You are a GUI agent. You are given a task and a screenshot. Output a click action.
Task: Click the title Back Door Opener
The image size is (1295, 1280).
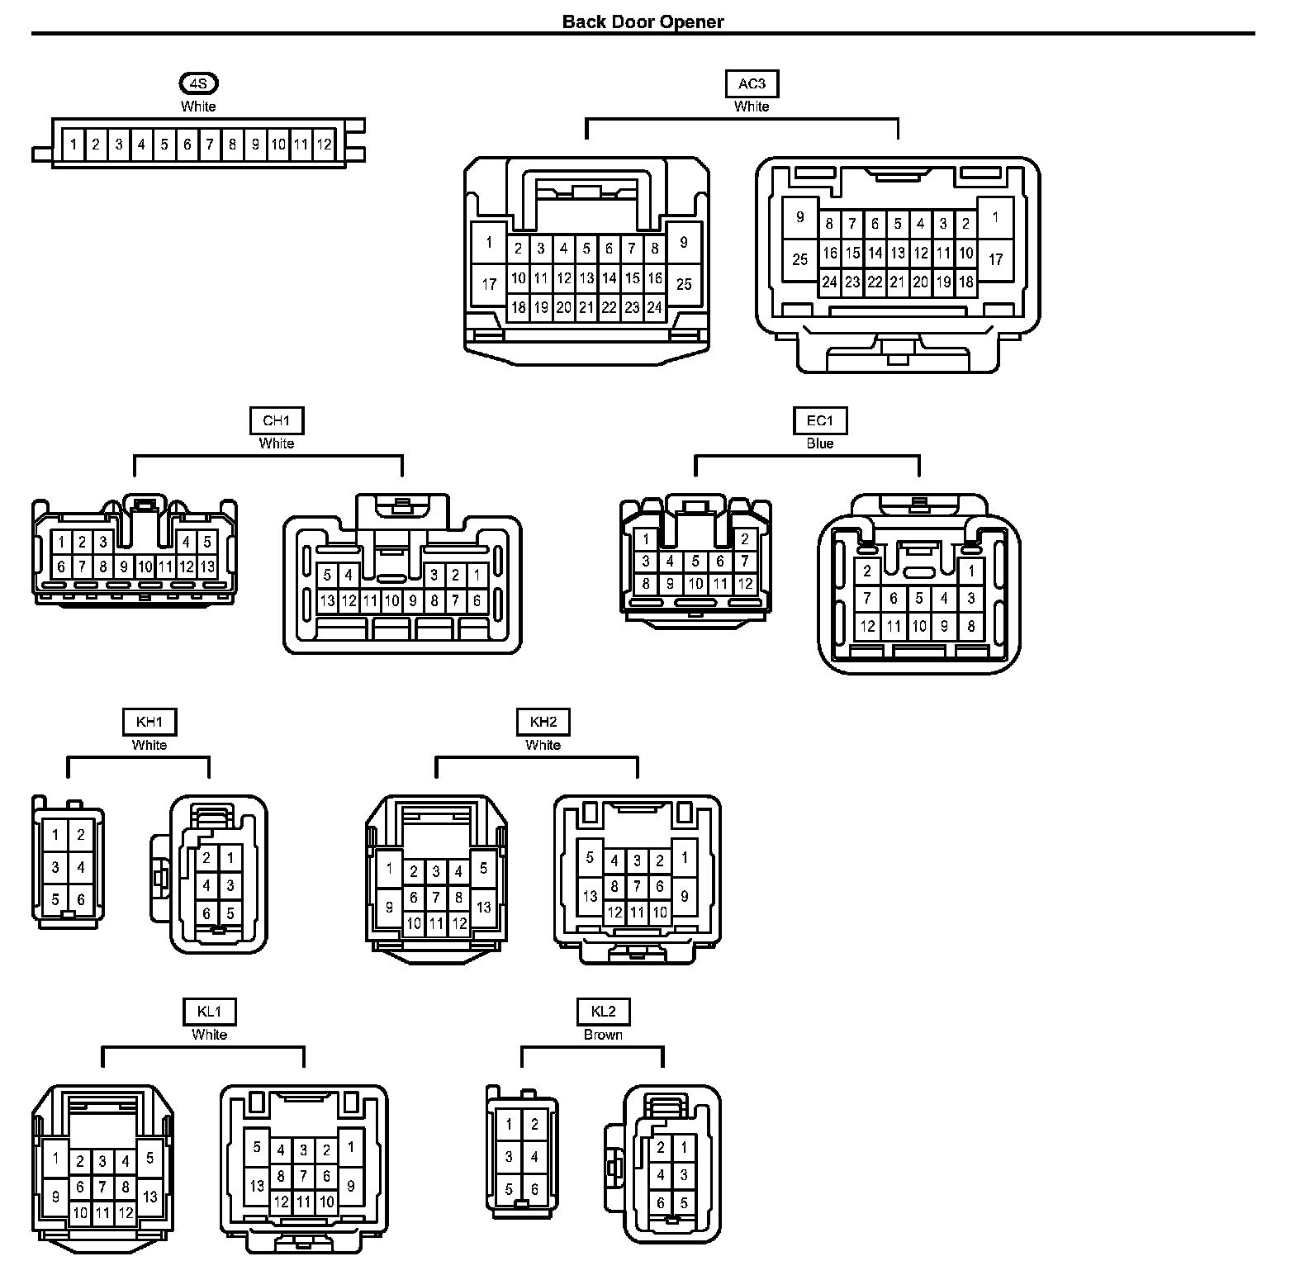coord(643,21)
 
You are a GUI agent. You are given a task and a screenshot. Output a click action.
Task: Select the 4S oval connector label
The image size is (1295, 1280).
coord(199,83)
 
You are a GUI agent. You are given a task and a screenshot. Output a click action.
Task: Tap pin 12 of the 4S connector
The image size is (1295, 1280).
coord(325,145)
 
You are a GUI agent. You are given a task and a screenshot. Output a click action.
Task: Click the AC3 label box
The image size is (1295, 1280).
coord(752,83)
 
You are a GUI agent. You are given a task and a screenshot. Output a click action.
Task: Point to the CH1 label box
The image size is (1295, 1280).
coord(277,420)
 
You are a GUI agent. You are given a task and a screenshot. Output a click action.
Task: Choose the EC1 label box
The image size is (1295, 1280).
coord(820,420)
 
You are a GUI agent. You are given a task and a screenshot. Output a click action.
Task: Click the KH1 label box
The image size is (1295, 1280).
coord(149,722)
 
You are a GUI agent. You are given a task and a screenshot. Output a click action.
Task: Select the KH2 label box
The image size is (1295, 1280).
coord(543,722)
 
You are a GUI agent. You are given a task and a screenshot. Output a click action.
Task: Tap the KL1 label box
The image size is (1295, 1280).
coord(210,1012)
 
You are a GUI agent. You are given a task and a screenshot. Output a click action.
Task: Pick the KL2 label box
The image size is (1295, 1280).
coord(604,1012)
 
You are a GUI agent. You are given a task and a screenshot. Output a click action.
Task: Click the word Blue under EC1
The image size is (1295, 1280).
coord(820,443)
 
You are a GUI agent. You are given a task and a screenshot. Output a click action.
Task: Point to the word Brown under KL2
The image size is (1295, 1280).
coord(604,1035)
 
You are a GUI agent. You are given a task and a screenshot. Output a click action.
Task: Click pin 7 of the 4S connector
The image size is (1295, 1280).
coord(210,145)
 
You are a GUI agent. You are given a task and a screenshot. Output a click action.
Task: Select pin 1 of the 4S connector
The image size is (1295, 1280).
coord(74,145)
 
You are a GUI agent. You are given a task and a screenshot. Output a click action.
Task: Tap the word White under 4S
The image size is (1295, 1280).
coord(199,107)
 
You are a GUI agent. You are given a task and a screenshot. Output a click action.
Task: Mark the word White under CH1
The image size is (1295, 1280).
coord(277,443)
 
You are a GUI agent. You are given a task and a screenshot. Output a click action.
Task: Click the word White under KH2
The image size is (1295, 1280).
coord(543,745)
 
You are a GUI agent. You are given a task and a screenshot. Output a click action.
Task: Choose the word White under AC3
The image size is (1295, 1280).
coord(752,107)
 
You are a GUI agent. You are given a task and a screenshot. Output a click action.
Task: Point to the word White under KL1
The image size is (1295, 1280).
coord(210,1035)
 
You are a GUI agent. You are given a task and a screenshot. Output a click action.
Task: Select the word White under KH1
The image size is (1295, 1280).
coord(149,745)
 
